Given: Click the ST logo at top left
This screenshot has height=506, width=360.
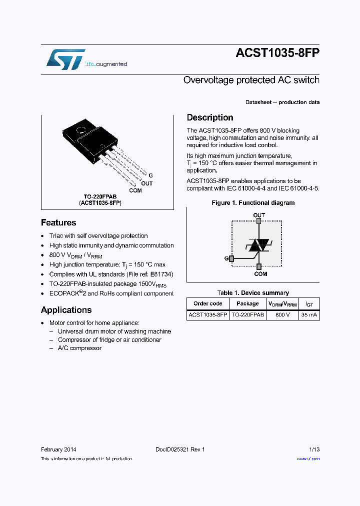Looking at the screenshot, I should (x=65, y=59).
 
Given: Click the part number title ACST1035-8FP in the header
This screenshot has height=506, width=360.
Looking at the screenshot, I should (x=277, y=54).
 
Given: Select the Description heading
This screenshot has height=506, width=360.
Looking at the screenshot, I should (x=210, y=117).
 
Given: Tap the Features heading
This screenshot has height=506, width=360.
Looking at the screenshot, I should (x=58, y=223).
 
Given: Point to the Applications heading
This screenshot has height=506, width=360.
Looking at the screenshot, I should (x=66, y=310).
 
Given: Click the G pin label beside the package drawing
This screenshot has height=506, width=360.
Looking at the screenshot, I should (x=150, y=176).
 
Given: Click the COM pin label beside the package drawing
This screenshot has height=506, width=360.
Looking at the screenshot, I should (x=135, y=190).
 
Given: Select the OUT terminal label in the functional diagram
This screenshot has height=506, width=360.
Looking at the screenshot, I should (x=259, y=215).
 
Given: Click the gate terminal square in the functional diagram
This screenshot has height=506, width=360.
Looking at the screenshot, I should (x=231, y=258).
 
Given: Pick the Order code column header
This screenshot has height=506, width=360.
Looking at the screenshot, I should (x=208, y=303).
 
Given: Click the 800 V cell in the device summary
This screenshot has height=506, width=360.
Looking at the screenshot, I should (x=282, y=315).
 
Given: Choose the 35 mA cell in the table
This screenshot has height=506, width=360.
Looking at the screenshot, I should (x=309, y=315).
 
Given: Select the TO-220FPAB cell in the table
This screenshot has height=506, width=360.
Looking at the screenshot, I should (x=247, y=315).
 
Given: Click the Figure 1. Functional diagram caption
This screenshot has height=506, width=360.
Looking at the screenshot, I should (x=253, y=203).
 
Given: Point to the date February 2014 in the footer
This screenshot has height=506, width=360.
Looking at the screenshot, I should (x=58, y=449).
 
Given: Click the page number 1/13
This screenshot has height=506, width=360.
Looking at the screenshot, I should (x=313, y=449).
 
